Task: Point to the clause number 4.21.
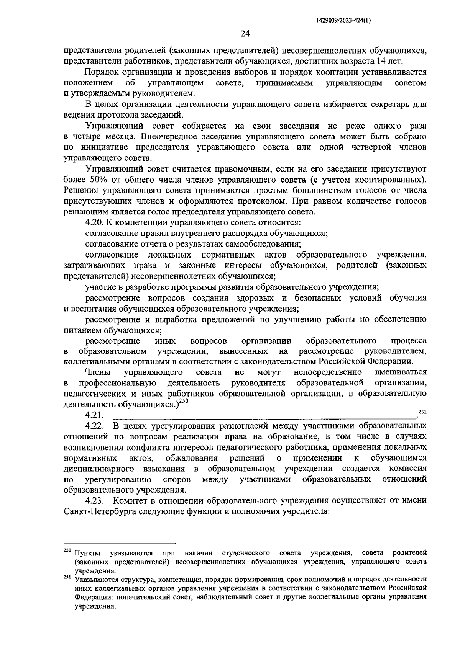[95, 415]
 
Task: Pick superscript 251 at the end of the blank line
[422, 412]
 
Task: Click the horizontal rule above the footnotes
[119, 543]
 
